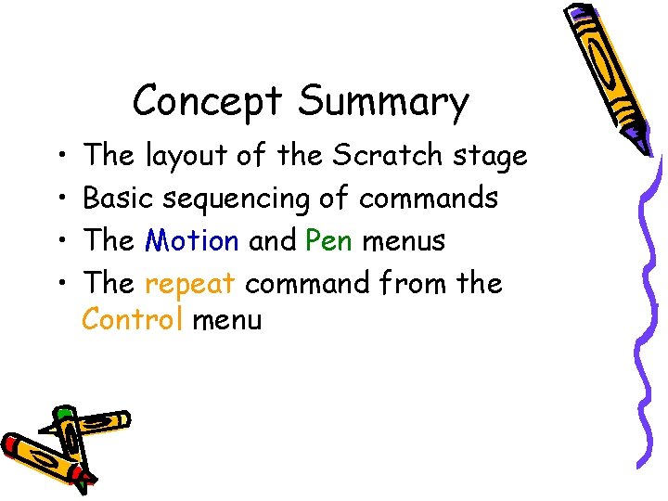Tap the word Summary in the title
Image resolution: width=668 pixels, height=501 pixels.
tap(383, 103)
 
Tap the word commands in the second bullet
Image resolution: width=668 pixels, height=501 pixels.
tap(428, 198)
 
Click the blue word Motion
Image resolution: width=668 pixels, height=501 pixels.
tap(192, 240)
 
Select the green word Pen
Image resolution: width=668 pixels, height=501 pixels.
tap(328, 240)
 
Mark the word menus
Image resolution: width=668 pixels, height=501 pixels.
tap(404, 241)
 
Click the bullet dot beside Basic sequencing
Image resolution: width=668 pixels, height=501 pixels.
tap(59, 199)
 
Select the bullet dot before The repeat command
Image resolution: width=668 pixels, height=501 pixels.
tap(59, 283)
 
